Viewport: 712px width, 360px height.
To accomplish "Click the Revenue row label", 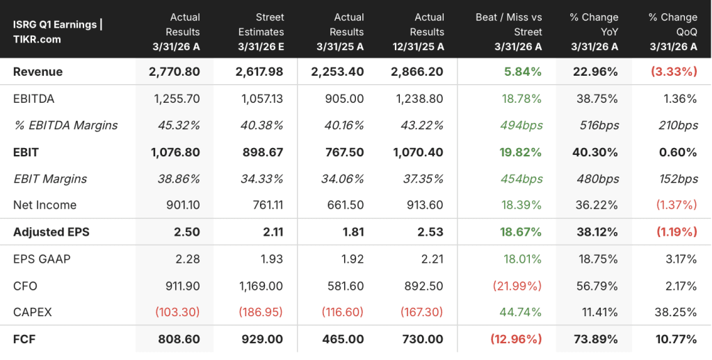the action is pos(38,72).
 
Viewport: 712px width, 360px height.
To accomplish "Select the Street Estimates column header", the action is pos(261,32).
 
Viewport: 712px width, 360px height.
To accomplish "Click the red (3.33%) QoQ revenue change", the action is pos(674,72).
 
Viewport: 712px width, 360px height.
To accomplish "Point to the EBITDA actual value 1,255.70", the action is pos(175,99).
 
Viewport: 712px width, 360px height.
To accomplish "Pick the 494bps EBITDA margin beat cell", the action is pos(521,125).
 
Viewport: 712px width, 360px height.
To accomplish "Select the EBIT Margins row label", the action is pos(50,179).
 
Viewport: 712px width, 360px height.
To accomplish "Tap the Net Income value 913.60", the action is pos(425,205).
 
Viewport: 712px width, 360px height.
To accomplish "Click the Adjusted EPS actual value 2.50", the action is pos(186,232).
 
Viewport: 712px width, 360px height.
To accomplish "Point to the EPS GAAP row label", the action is pos(42,259).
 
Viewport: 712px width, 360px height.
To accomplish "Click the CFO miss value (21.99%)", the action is pos(517,286).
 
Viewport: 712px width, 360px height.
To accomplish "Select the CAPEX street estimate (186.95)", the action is pos(260,312).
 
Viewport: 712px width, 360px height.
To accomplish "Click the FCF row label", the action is pos(24,339).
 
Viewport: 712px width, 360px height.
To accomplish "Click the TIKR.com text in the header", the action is pos(37,40).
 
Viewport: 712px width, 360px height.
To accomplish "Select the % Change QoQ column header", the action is pos(673,32).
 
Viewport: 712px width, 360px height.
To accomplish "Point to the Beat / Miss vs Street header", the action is pos(509,32).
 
